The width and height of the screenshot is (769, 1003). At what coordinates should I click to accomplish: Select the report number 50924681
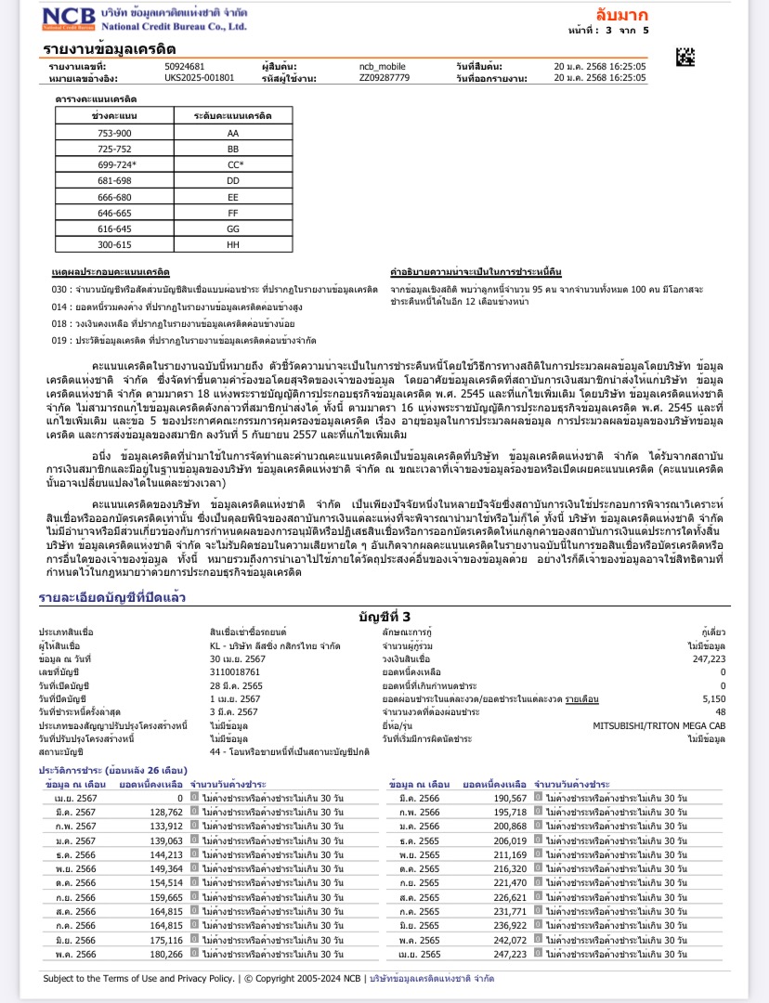[x=184, y=68]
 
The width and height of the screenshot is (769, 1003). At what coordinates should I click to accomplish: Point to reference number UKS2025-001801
[x=200, y=78]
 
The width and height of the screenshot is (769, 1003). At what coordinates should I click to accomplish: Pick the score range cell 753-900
[x=115, y=134]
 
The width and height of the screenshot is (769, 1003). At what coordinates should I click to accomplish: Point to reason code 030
[x=61, y=290]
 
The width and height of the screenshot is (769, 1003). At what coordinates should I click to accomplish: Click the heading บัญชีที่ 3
[x=384, y=616]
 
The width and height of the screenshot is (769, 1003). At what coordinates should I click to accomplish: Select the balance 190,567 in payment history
[x=507, y=799]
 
